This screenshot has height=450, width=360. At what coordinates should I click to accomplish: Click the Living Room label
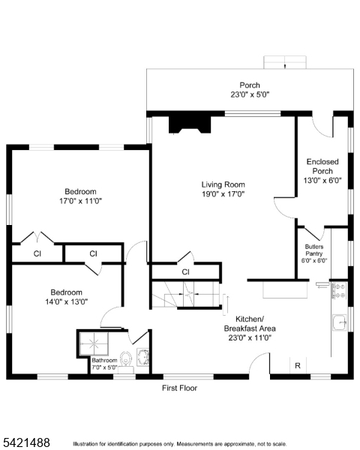[x=223, y=184]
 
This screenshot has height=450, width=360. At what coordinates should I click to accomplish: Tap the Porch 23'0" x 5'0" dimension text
[x=250, y=94]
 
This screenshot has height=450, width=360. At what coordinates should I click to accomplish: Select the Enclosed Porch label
[x=322, y=166]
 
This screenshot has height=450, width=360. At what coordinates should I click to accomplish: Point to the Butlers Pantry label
[x=314, y=250]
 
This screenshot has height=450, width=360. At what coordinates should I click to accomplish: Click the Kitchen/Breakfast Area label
[x=250, y=323]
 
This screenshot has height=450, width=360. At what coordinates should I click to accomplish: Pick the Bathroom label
[x=104, y=360]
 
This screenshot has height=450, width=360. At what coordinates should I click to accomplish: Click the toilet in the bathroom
[x=125, y=359]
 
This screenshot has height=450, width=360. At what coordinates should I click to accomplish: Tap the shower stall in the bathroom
[x=94, y=343]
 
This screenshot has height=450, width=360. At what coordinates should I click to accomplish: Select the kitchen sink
[x=340, y=322]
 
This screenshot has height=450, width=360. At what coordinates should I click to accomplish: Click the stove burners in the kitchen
[x=339, y=290]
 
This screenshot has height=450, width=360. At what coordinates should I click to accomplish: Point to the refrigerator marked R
[x=298, y=366]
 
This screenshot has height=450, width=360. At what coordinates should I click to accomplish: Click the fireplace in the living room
[x=190, y=125]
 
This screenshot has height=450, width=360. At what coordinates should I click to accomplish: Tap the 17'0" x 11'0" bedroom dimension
[x=81, y=201]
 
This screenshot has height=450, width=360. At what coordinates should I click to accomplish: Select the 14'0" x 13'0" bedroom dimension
[x=66, y=302]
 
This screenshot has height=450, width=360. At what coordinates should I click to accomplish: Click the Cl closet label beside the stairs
[x=186, y=271]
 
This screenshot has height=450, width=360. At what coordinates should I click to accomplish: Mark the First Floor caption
[x=180, y=388]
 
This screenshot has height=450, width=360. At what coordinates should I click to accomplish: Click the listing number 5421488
[x=26, y=442]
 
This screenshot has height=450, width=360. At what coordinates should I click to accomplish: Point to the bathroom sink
[x=142, y=357]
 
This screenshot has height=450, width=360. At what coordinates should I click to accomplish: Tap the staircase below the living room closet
[x=186, y=294]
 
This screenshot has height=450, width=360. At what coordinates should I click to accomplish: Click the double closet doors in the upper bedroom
[x=37, y=238]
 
